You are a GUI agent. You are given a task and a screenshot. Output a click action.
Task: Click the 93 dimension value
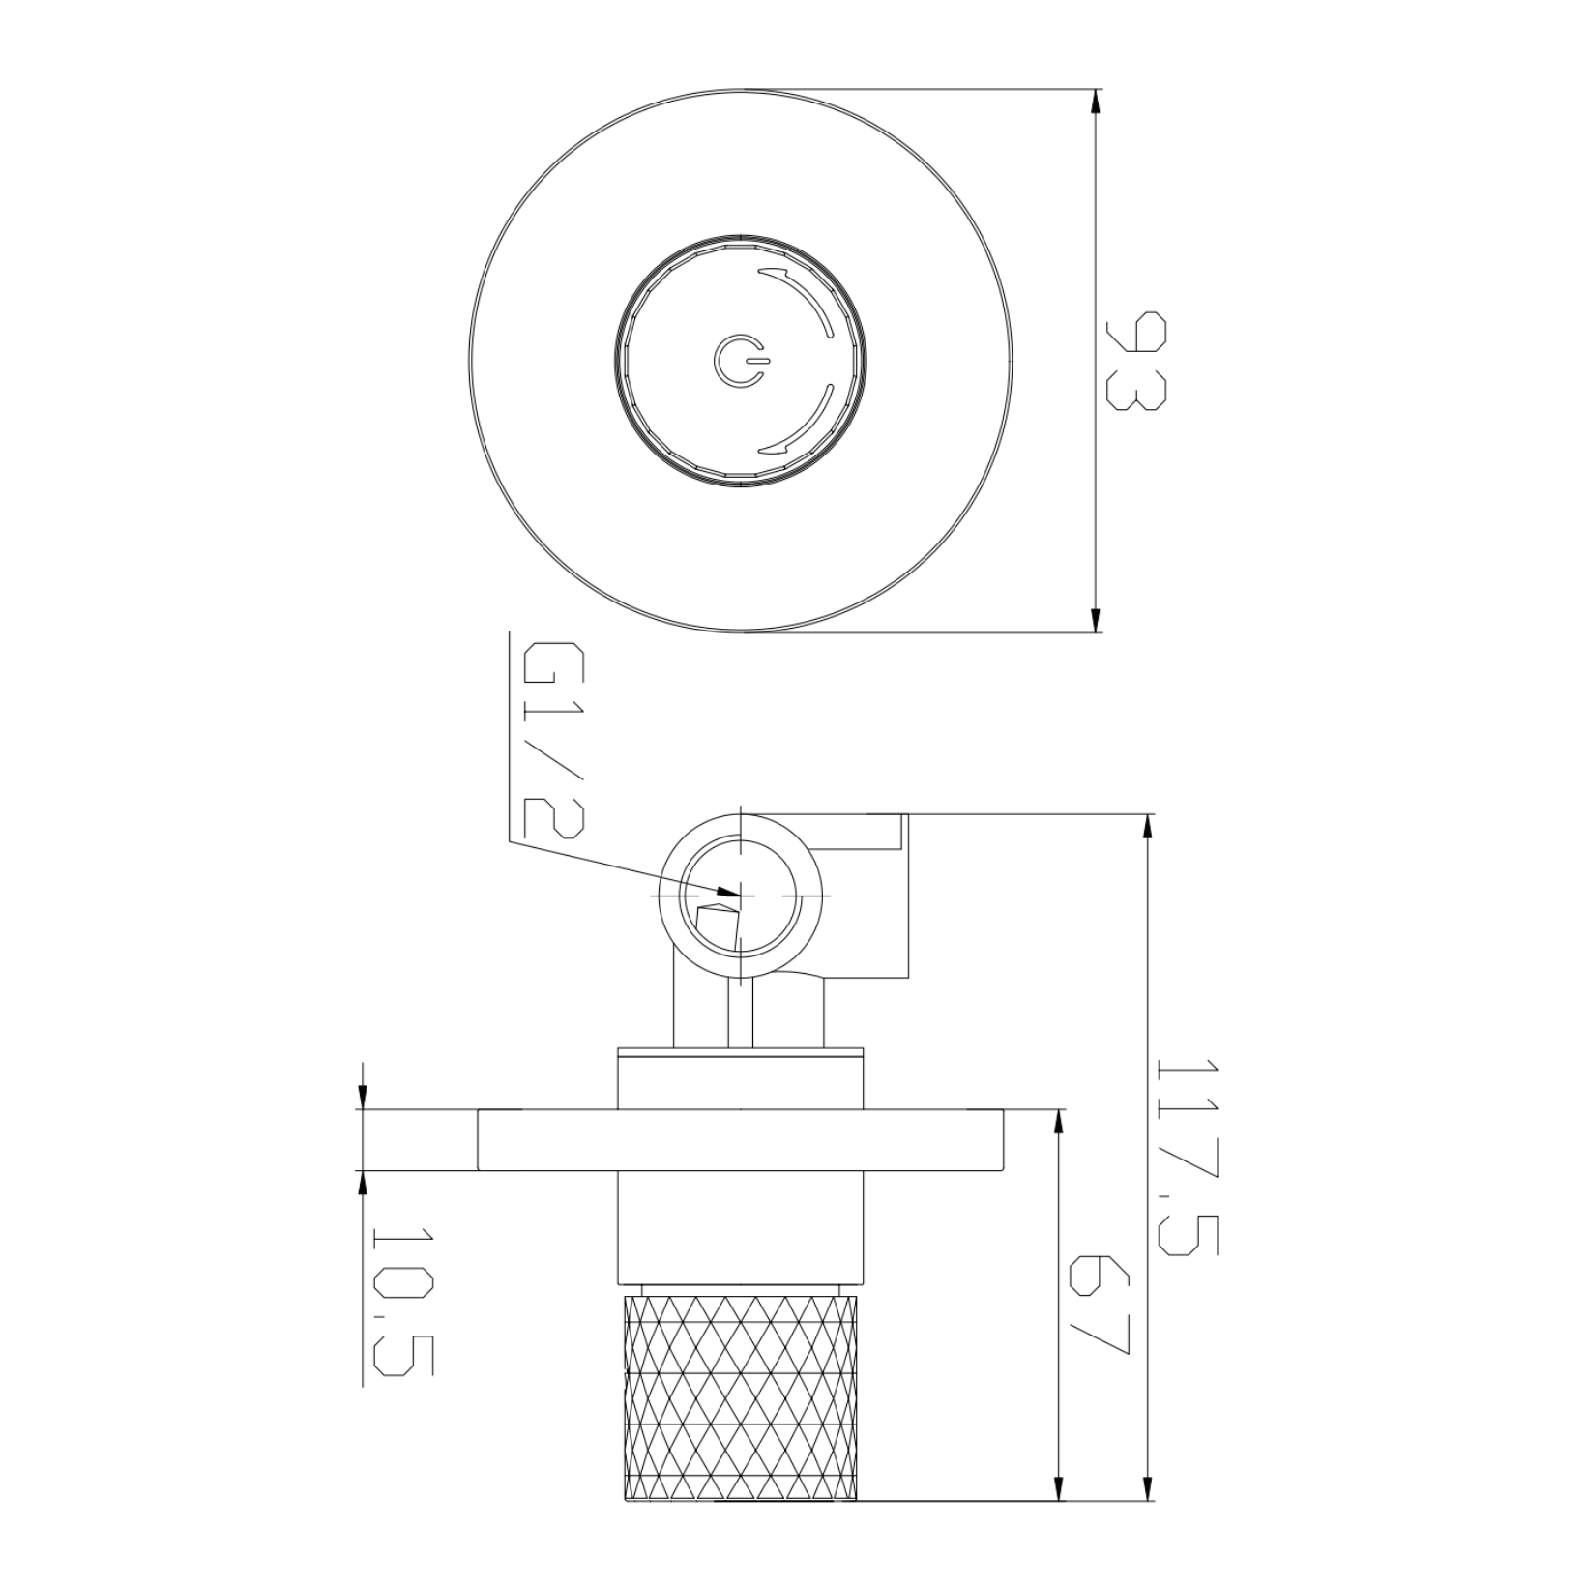(x=1137, y=361)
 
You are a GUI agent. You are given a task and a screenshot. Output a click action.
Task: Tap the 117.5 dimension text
(x=1189, y=1157)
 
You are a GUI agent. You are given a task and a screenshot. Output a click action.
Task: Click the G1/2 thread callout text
(x=553, y=740)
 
